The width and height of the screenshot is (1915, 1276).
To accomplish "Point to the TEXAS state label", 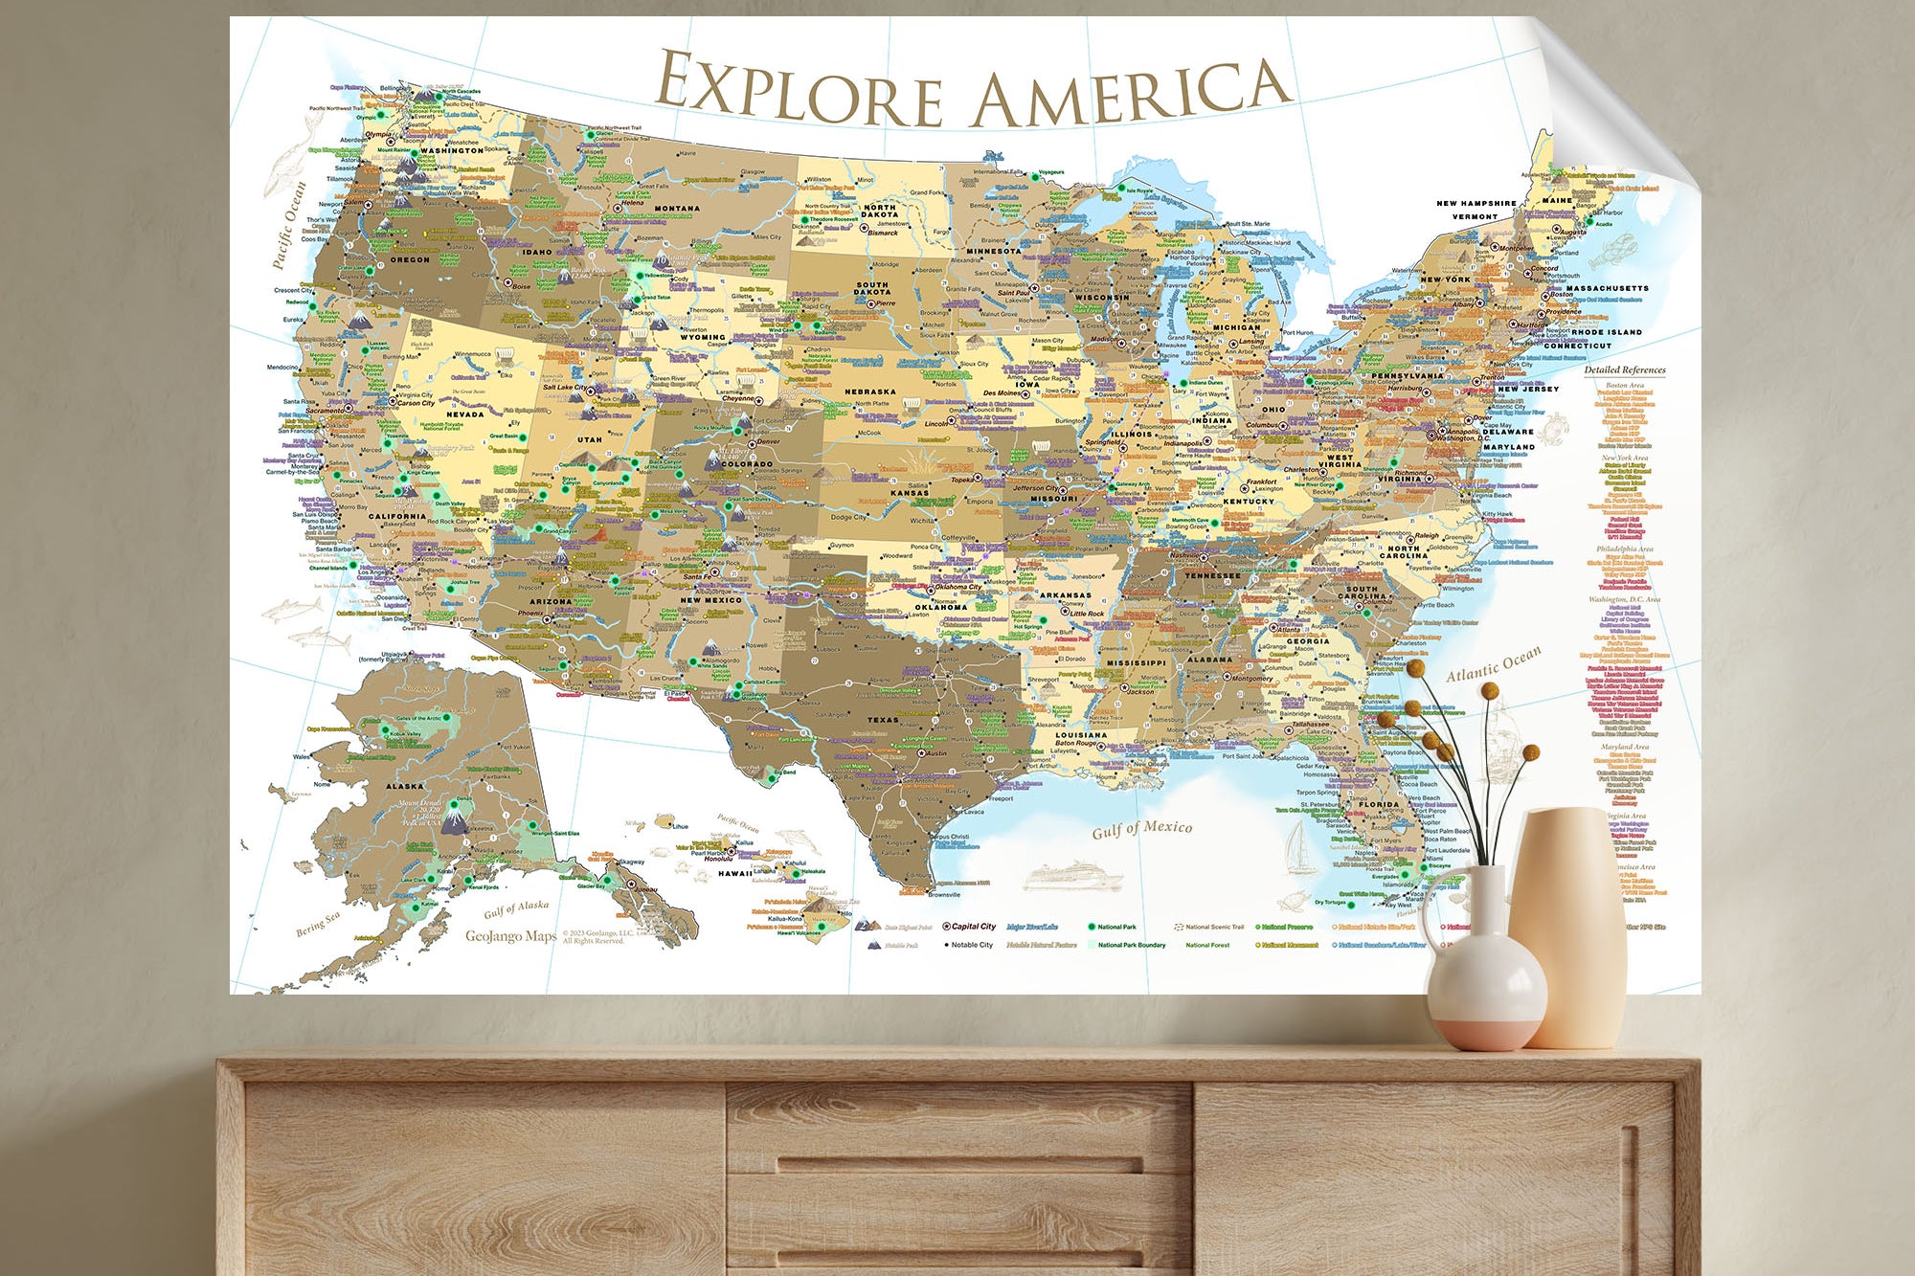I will tap(883, 720).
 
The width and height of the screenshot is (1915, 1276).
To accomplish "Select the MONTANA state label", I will tap(677, 209).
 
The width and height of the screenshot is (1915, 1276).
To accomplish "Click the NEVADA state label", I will tap(465, 414).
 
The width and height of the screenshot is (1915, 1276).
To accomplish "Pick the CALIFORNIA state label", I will tap(397, 516).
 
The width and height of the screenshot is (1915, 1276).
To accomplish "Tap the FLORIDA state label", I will tap(1379, 804).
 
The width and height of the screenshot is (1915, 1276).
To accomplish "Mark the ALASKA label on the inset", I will tap(404, 786).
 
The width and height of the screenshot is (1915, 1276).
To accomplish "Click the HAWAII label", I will tap(735, 873).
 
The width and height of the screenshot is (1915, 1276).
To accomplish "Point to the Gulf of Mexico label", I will tap(1142, 829).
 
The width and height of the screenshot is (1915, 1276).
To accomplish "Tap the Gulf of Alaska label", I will tap(516, 907).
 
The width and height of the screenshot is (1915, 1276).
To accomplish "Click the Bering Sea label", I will tap(318, 924).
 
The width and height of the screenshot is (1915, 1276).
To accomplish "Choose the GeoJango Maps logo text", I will tap(510, 936).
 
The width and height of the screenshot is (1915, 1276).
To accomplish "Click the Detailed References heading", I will tap(1624, 369).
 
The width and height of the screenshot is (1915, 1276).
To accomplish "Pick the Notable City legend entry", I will tap(972, 945).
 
